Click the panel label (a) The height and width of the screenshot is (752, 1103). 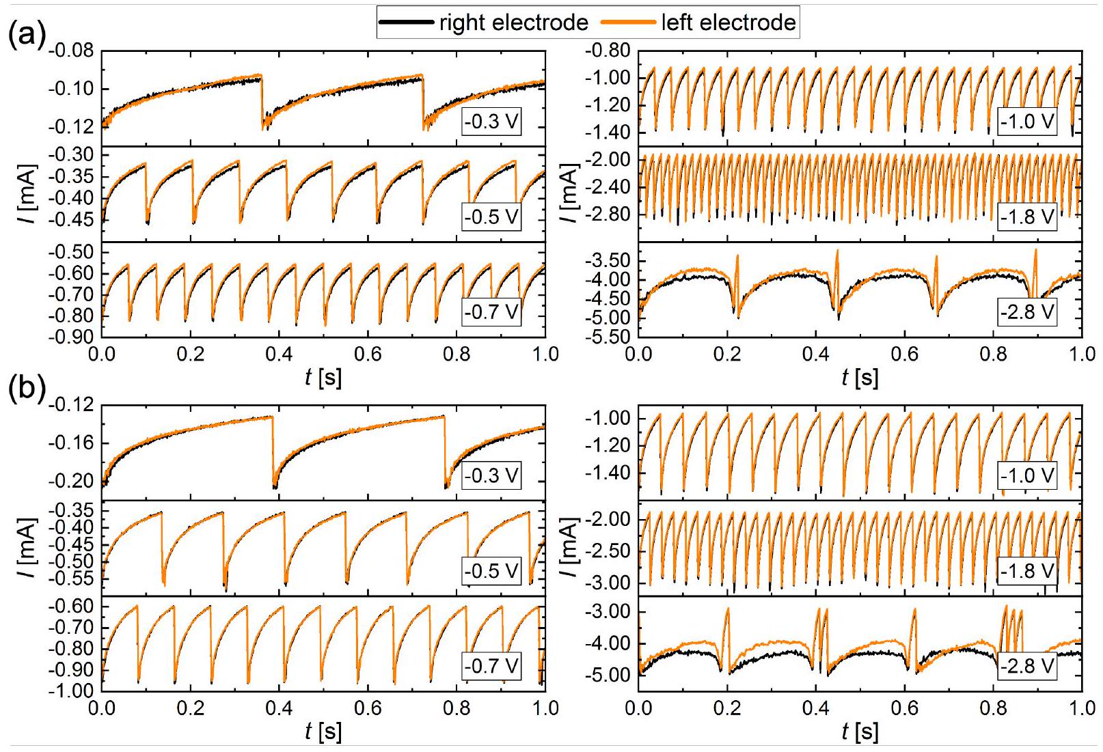(25, 33)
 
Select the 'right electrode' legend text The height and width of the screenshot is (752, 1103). (513, 23)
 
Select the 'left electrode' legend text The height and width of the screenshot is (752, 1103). (728, 23)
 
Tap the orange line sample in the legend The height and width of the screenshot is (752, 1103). (628, 23)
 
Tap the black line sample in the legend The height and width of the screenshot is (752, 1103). (407, 23)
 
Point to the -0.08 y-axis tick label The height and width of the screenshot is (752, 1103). (74, 51)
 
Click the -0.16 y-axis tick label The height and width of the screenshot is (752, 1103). (74, 443)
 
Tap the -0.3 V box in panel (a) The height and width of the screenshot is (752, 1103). (491, 122)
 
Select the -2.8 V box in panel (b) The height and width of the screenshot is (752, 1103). (1027, 666)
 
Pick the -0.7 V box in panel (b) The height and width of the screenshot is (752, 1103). (491, 665)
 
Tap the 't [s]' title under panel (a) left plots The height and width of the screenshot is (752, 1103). (323, 376)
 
